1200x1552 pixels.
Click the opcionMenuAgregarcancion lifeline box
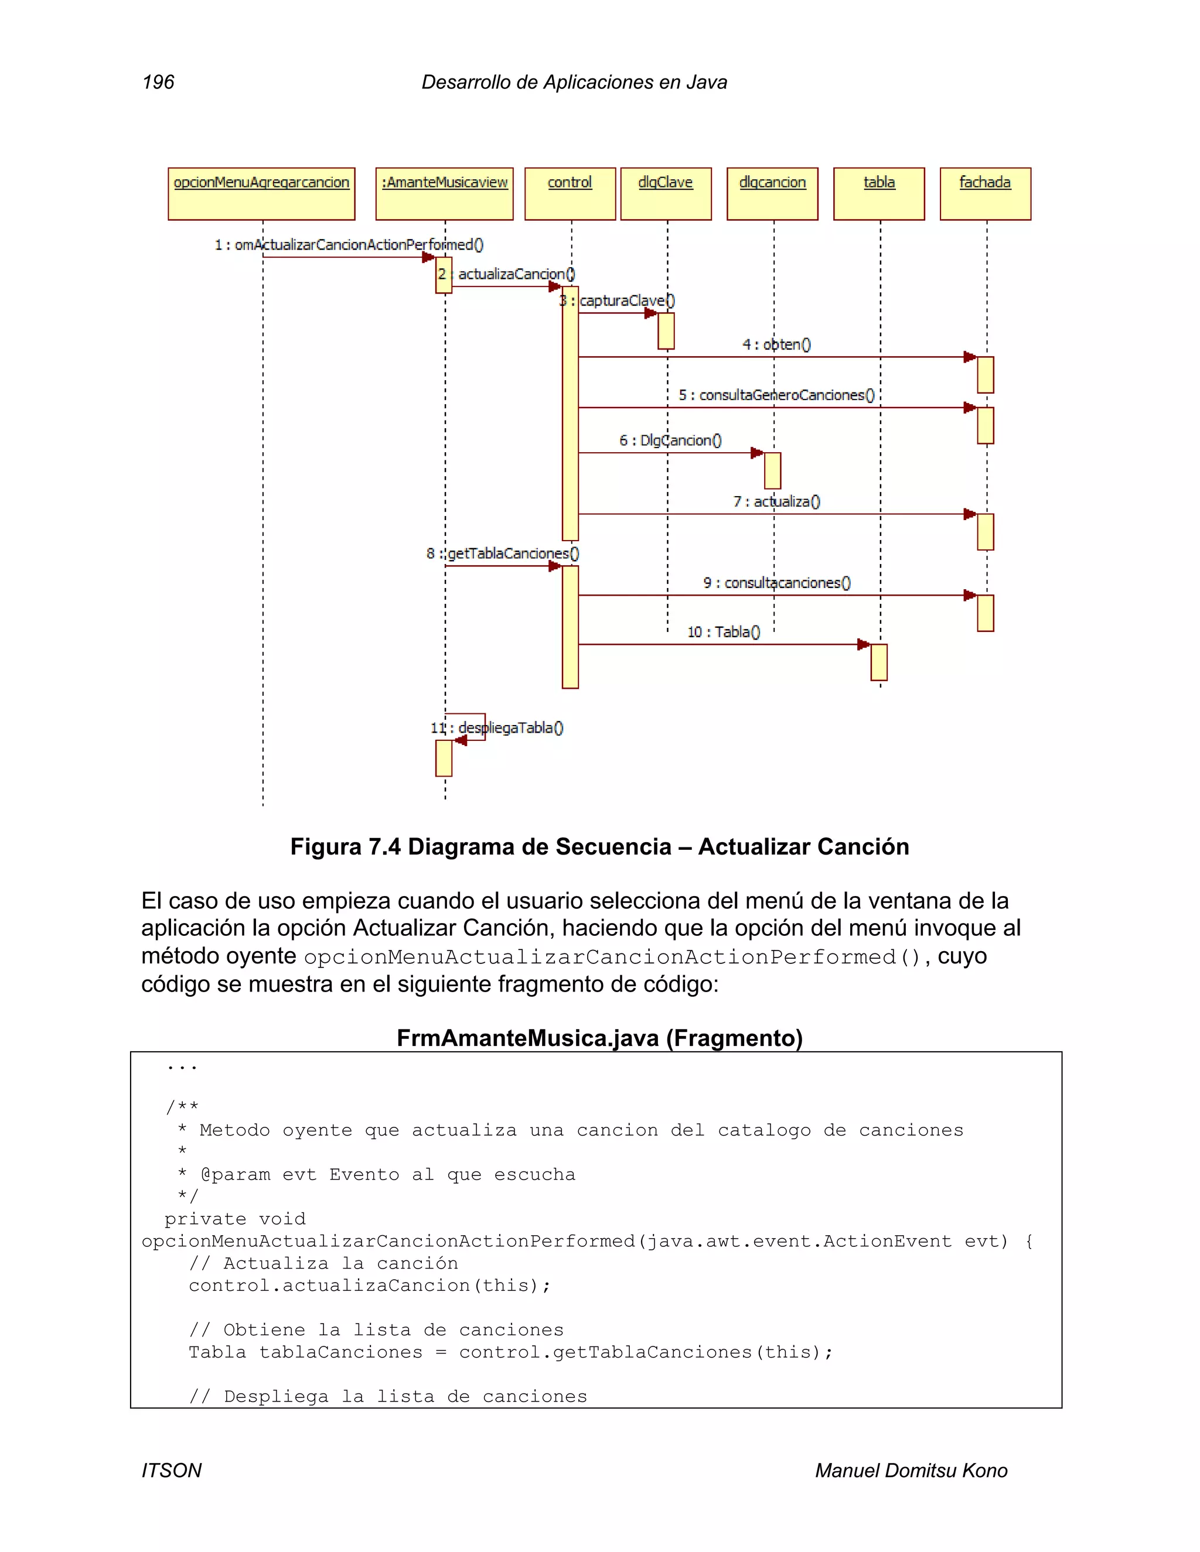coord(261,193)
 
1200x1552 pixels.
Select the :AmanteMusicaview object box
coord(444,193)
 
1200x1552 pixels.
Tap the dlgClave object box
coord(666,193)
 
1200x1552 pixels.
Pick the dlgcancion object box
coord(772,193)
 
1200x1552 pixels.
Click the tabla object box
coord(879,193)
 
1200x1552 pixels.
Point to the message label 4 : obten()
coord(776,344)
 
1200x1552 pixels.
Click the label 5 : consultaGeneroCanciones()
coord(776,395)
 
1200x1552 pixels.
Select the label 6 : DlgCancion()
coord(670,440)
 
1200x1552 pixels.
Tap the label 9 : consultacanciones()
coord(776,583)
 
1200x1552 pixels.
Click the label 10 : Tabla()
coord(723,632)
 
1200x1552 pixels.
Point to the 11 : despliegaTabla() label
coord(497,727)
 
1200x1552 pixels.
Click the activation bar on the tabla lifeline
coord(879,662)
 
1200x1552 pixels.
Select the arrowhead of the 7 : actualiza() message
coord(970,514)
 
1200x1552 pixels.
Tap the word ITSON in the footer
coord(171,1470)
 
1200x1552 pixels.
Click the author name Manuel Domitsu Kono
coord(911,1470)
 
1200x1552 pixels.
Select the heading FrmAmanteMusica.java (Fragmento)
coord(599,1038)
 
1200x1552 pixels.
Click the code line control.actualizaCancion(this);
coord(370,1286)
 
